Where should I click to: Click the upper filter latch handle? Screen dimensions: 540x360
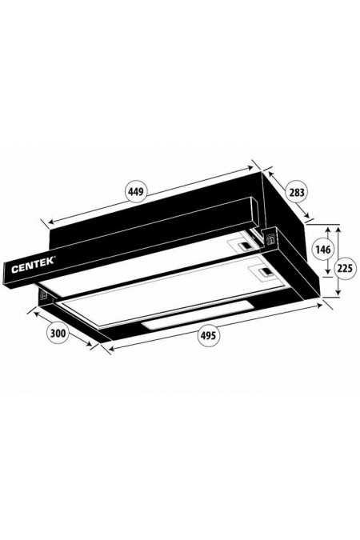click(x=240, y=245)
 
